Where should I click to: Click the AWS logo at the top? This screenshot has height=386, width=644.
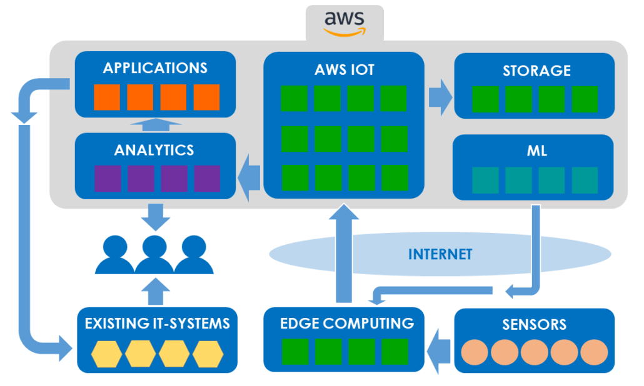click(x=344, y=24)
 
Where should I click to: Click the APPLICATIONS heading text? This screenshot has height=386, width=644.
click(x=155, y=68)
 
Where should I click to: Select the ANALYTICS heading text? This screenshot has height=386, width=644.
click(x=154, y=150)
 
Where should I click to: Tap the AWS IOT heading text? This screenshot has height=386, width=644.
click(x=344, y=70)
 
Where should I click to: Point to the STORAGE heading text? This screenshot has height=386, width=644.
click(x=537, y=71)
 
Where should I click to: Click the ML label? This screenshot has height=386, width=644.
click(x=537, y=151)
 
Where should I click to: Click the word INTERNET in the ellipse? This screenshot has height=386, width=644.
click(x=440, y=254)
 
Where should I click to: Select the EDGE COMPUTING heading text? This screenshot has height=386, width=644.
click(x=347, y=324)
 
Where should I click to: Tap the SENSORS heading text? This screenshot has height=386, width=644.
click(x=535, y=324)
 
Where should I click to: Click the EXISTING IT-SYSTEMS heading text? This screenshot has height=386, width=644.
click(x=158, y=324)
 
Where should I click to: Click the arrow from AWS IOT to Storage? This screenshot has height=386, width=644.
click(x=440, y=97)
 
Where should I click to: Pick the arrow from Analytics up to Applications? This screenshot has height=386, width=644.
click(x=156, y=125)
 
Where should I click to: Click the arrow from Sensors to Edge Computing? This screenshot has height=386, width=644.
click(x=439, y=352)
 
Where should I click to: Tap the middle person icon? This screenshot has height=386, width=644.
click(x=154, y=255)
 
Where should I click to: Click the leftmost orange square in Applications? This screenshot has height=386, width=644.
click(x=107, y=97)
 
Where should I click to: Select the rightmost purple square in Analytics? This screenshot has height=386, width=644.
click(x=207, y=179)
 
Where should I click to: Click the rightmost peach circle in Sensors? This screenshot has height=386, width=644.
click(x=594, y=352)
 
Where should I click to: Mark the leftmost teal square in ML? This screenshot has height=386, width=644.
click(x=485, y=180)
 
